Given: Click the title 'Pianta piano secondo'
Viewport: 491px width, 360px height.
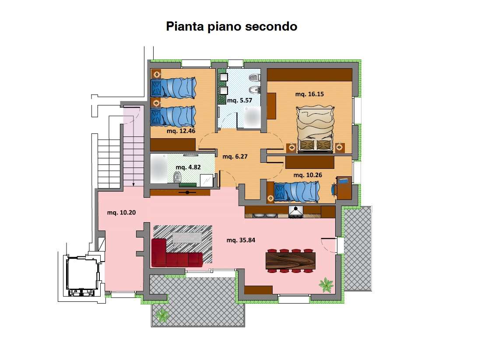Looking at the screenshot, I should [x=231, y=27].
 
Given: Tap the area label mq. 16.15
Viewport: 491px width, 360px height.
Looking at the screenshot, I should [x=309, y=94].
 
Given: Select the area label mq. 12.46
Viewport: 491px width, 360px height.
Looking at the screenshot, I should [x=181, y=131].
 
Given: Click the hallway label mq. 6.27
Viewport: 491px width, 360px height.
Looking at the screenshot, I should [x=235, y=156].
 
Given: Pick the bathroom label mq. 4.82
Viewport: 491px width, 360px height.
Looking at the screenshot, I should [x=188, y=167].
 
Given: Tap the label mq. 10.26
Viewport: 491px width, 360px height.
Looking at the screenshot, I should [x=308, y=175].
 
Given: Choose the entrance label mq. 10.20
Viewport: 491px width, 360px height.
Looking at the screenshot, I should [x=121, y=213].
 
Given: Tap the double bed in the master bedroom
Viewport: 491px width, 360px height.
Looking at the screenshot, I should [x=316, y=129].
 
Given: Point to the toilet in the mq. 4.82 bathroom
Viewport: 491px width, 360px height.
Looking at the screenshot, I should [x=177, y=177].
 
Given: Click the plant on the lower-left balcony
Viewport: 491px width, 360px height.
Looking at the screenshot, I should [x=162, y=315].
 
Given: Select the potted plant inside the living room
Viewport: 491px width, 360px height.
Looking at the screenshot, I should [x=326, y=285].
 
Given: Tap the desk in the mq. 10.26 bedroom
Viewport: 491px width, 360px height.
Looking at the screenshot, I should [x=344, y=188].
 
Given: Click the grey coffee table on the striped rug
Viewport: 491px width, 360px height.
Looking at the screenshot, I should [x=188, y=237].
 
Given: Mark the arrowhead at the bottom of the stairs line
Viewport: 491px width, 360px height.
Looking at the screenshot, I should [x=133, y=184].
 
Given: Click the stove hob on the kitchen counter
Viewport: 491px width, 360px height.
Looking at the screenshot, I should [x=296, y=212].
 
